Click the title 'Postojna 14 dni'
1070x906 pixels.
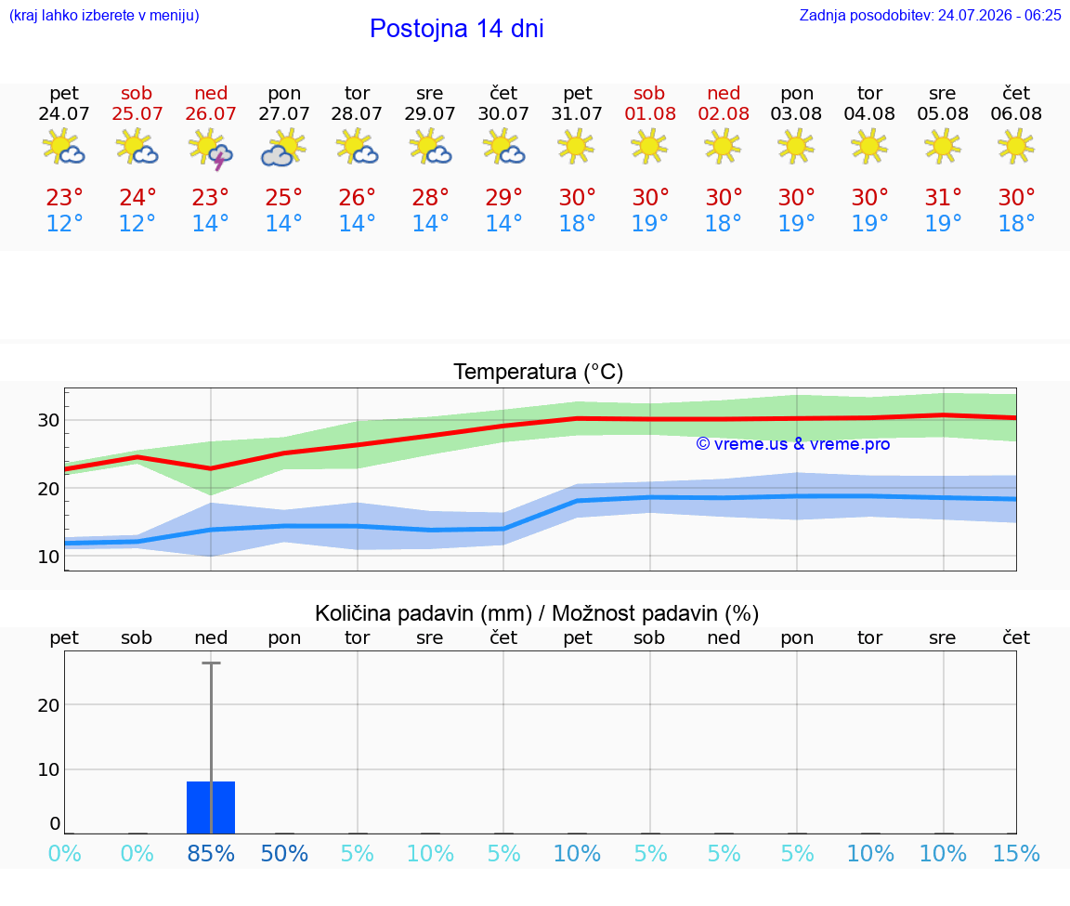[x=457, y=29]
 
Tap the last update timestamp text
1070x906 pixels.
[x=930, y=16]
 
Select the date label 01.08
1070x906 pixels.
[x=650, y=114]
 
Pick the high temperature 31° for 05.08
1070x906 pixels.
[x=943, y=197]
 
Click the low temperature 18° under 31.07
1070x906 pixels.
[x=578, y=223]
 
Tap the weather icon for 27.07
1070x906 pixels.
[x=284, y=148]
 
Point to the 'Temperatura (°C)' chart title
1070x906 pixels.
[x=539, y=372]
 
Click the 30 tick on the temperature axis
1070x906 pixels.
[x=48, y=420]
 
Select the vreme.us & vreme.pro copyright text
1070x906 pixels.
[x=793, y=444]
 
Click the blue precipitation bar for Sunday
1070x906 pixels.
[x=211, y=807]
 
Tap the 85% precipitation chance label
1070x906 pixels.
[x=211, y=853]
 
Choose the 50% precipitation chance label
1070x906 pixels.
[x=284, y=853]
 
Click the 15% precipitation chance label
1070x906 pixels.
[x=1016, y=853]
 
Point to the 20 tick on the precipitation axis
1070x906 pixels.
[x=48, y=704]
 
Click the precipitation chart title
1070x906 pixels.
[x=537, y=613]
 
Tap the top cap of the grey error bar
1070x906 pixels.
[x=211, y=663]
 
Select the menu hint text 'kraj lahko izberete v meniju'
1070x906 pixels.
[x=104, y=16]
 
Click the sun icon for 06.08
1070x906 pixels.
[x=1016, y=147]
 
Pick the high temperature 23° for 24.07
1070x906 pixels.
[x=64, y=197]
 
